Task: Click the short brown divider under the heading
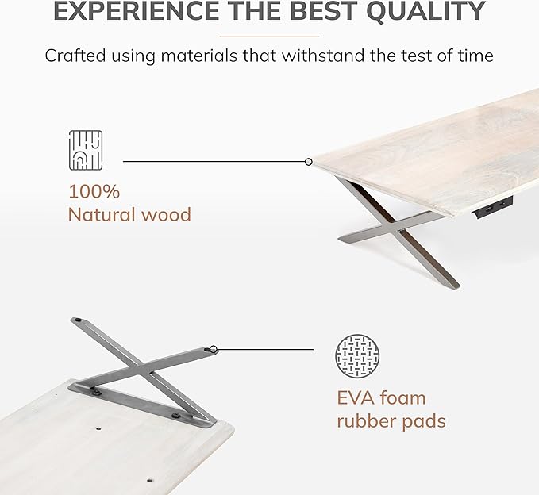pos(269,36)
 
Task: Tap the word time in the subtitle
pos(475,56)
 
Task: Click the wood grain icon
pos(86,151)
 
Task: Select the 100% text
pos(94,192)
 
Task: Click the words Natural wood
pos(129,214)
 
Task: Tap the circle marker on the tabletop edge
pos(308,162)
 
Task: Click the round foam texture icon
pos(357,356)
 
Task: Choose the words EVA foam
pos(381,397)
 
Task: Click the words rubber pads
pos(391,420)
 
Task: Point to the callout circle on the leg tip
pos(214,348)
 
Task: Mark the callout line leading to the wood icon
pos(214,162)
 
